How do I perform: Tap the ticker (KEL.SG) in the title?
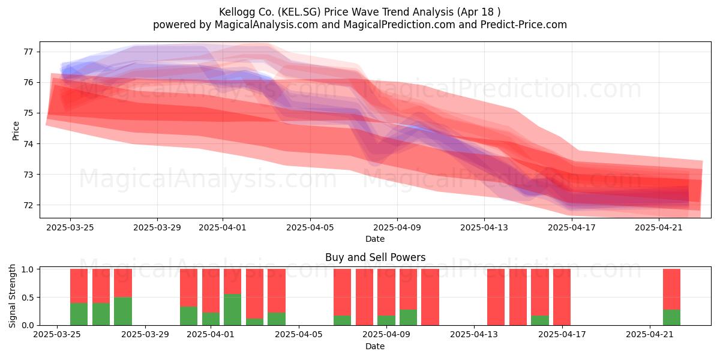(x=299, y=12)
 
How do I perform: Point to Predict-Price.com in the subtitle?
(x=524, y=25)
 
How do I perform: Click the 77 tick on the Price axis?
(x=29, y=52)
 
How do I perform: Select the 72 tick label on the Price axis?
(x=29, y=205)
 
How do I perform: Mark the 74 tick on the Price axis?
(x=29, y=143)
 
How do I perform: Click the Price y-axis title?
(x=16, y=131)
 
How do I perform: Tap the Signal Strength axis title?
(x=12, y=296)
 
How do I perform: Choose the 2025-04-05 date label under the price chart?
(x=310, y=227)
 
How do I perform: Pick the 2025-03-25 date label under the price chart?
(x=70, y=227)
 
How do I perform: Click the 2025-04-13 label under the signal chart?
(x=474, y=335)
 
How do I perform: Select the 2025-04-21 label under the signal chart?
(x=650, y=335)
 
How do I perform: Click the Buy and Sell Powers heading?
(x=375, y=257)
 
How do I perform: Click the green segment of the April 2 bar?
(x=232, y=310)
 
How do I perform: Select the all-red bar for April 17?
(x=562, y=297)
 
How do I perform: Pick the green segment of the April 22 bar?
(x=672, y=317)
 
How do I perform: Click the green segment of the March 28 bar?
(x=123, y=311)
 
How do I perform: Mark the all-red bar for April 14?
(x=496, y=297)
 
